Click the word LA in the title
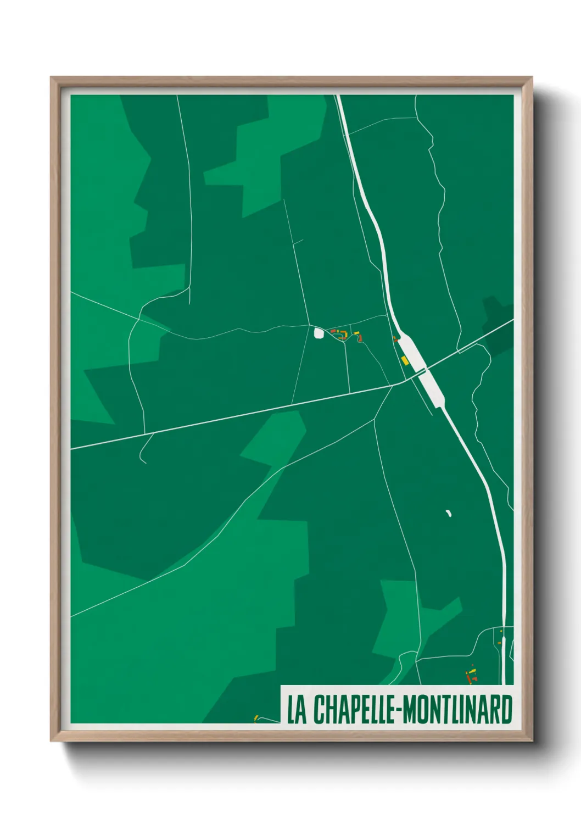pos(296,710)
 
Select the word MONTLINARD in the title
pos(458,710)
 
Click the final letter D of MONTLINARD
pos(507,710)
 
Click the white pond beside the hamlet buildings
pos(318,332)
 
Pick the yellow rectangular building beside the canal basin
pos(405,360)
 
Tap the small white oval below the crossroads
pos(448,513)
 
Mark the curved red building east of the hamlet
pos(360,340)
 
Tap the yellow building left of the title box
pos(255,717)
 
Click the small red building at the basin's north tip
pos(394,339)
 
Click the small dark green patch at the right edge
pos(497,327)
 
